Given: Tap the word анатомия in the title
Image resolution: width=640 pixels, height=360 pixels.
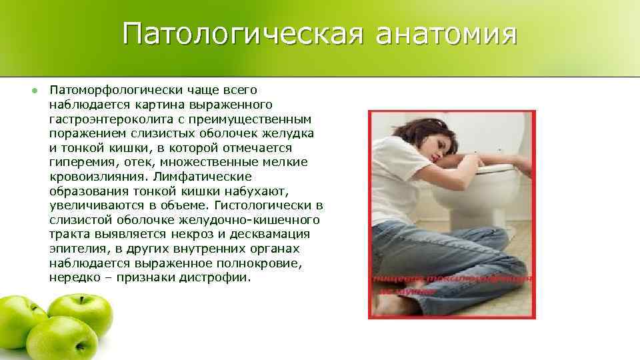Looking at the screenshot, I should [x=446, y=34].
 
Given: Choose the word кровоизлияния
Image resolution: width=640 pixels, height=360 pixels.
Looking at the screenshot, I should [x=98, y=176].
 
